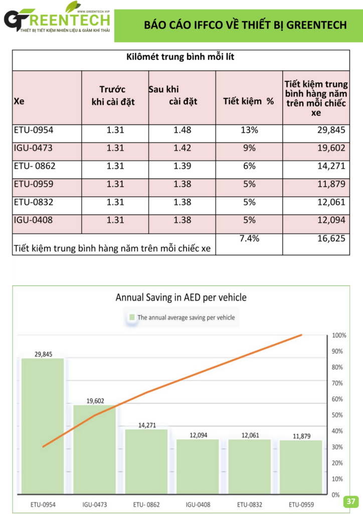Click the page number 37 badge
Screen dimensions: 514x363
point(350,501)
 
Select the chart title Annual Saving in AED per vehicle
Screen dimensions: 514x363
point(181,297)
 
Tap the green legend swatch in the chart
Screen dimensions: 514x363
point(132,317)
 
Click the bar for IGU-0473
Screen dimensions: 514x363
point(94,449)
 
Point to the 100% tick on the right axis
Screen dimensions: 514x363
point(339,335)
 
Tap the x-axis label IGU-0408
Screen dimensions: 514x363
point(198,504)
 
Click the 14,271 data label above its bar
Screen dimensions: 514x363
point(146,425)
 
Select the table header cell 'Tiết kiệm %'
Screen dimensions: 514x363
point(249,101)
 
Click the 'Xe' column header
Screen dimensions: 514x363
point(20,101)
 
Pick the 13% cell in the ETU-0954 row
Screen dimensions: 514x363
point(249,130)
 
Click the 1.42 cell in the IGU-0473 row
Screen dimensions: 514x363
point(182,148)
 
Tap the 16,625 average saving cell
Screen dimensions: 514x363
point(331,238)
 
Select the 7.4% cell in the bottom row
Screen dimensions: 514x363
point(249,238)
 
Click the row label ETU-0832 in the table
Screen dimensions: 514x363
point(34,202)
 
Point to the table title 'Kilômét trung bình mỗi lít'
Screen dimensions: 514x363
point(180,57)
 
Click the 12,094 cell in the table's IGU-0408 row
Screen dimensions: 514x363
point(331,220)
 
